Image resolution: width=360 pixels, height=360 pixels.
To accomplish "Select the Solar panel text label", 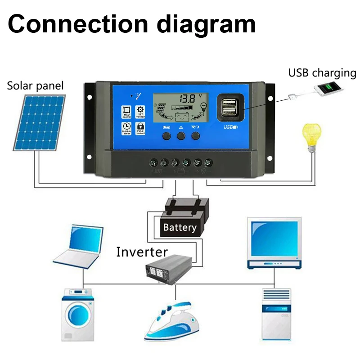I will [36, 85].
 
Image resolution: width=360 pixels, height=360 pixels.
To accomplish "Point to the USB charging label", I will [322, 73].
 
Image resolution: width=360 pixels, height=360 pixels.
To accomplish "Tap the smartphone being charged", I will [329, 88].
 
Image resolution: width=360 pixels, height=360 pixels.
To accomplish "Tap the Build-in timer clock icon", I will [126, 128].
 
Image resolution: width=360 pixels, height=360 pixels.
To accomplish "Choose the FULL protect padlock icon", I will [140, 128].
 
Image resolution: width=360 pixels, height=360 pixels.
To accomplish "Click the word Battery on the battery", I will [180, 227].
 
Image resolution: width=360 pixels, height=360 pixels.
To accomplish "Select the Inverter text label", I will [142, 252].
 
